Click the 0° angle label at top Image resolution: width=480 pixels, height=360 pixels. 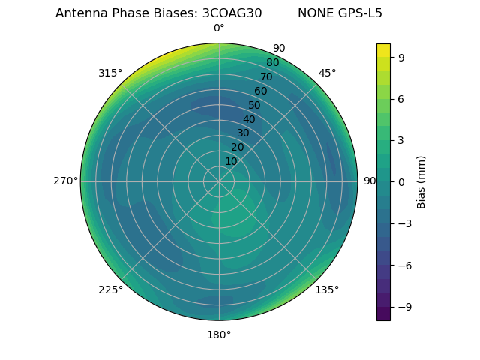[219, 28]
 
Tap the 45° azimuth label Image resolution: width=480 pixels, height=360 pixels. [327, 73]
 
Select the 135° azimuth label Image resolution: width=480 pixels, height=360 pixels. [327, 289]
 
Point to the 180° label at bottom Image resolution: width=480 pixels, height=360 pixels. [219, 334]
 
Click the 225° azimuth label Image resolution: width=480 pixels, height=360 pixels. [110, 289]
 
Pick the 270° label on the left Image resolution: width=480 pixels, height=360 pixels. [65, 181]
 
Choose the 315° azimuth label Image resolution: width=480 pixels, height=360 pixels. [110, 73]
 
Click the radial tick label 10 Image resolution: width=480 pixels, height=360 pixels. [231, 161]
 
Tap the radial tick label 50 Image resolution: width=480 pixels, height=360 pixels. [255, 106]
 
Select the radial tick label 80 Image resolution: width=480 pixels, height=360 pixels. [273, 63]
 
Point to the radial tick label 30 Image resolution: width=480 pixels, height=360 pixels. [243, 133]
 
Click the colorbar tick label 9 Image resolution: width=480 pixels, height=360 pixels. [402, 57]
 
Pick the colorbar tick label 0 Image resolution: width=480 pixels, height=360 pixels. [402, 181]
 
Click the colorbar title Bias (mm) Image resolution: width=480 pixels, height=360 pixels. [421, 181]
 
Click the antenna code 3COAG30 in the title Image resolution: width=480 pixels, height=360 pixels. [232, 13]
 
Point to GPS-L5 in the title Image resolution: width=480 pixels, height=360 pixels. [358, 13]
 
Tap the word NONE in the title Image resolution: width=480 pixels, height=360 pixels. [314, 13]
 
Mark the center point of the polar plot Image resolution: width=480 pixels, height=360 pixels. [219, 181]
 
